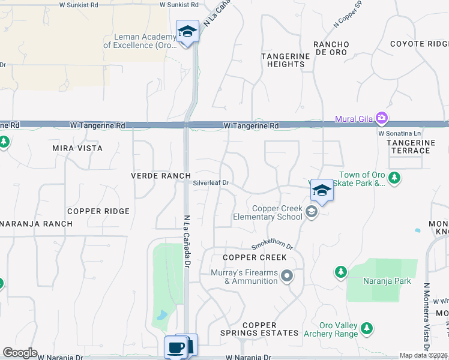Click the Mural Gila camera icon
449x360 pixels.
pyautogui.click(x=381, y=118)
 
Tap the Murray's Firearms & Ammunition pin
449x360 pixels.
pyautogui.click(x=288, y=276)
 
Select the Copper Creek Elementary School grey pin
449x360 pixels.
pyautogui.click(x=311, y=212)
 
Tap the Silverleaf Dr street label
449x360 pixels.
pyautogui.click(x=211, y=183)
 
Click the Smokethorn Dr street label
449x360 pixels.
pyautogui.click(x=271, y=246)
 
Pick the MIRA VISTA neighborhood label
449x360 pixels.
pyautogui.click(x=77, y=148)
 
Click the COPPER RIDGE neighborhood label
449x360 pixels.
pyautogui.click(x=98, y=211)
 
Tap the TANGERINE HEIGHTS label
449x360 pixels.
pyautogui.click(x=283, y=60)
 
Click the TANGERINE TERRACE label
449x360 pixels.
pyautogui.click(x=411, y=146)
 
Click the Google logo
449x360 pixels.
pyautogui.click(x=20, y=353)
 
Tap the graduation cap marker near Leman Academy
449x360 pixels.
pyautogui.click(x=187, y=31)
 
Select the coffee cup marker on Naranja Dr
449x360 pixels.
pyautogui.click(x=176, y=347)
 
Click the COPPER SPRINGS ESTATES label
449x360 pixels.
pyautogui.click(x=259, y=329)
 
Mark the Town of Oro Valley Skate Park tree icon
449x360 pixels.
pyautogui.click(x=394, y=178)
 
